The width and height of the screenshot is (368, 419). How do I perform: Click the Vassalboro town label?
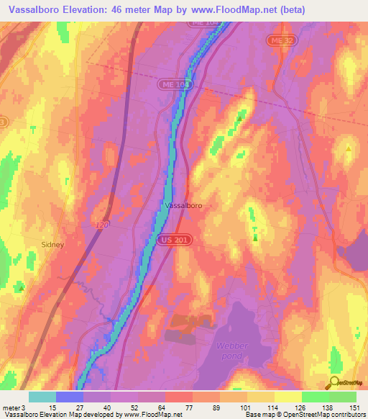pos(183,205)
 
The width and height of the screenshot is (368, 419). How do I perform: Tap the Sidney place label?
pos(52,244)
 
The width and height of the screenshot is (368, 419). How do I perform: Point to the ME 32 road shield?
pos(277,42)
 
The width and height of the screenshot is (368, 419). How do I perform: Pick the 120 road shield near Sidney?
pos(101,226)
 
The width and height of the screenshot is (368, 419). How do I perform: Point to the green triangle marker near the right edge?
pos(349,149)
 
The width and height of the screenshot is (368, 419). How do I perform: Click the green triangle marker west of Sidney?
pos(22,286)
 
